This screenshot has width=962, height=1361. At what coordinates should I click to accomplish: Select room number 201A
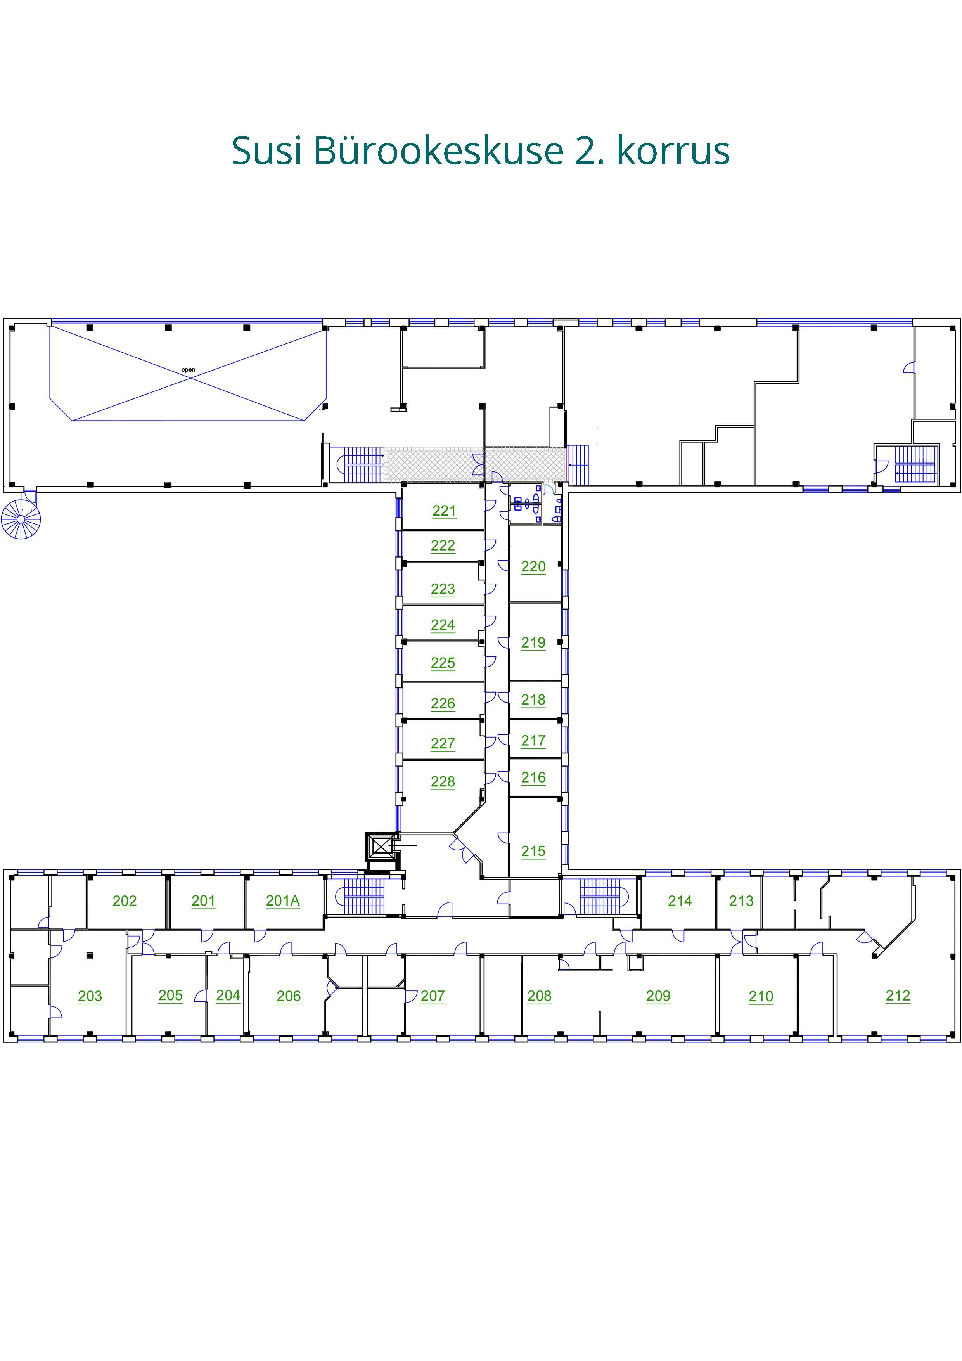point(283,900)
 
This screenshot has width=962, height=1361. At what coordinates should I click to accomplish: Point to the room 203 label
point(90,996)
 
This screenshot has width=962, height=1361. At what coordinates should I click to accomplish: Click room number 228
point(443,781)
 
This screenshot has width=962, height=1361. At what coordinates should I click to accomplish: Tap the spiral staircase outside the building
point(21,519)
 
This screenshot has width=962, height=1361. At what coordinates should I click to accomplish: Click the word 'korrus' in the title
point(673,151)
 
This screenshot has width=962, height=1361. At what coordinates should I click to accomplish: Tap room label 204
point(228,995)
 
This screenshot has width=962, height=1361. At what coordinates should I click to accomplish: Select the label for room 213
point(741,900)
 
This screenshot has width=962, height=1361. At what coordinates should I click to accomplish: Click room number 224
point(443,624)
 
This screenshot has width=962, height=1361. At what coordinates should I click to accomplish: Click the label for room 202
point(125,900)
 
